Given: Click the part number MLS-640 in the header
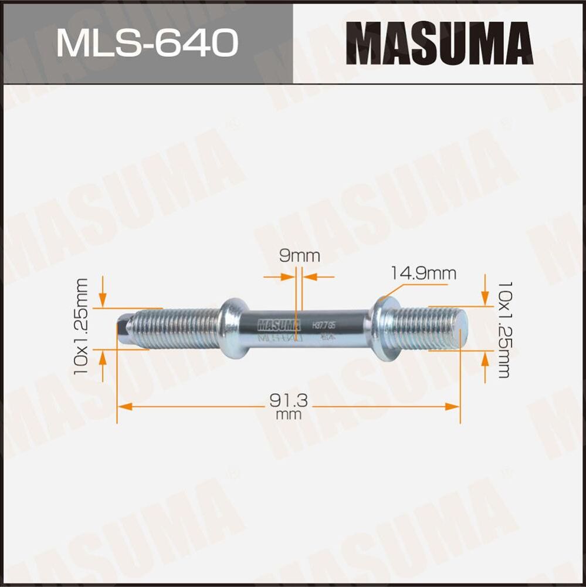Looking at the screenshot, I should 147,42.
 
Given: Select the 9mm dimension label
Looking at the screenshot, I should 299,256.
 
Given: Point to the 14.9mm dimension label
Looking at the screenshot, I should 424,273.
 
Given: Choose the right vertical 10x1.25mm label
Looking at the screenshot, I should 503,330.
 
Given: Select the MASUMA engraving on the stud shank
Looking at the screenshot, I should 279,323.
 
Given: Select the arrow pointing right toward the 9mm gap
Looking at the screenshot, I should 287,276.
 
